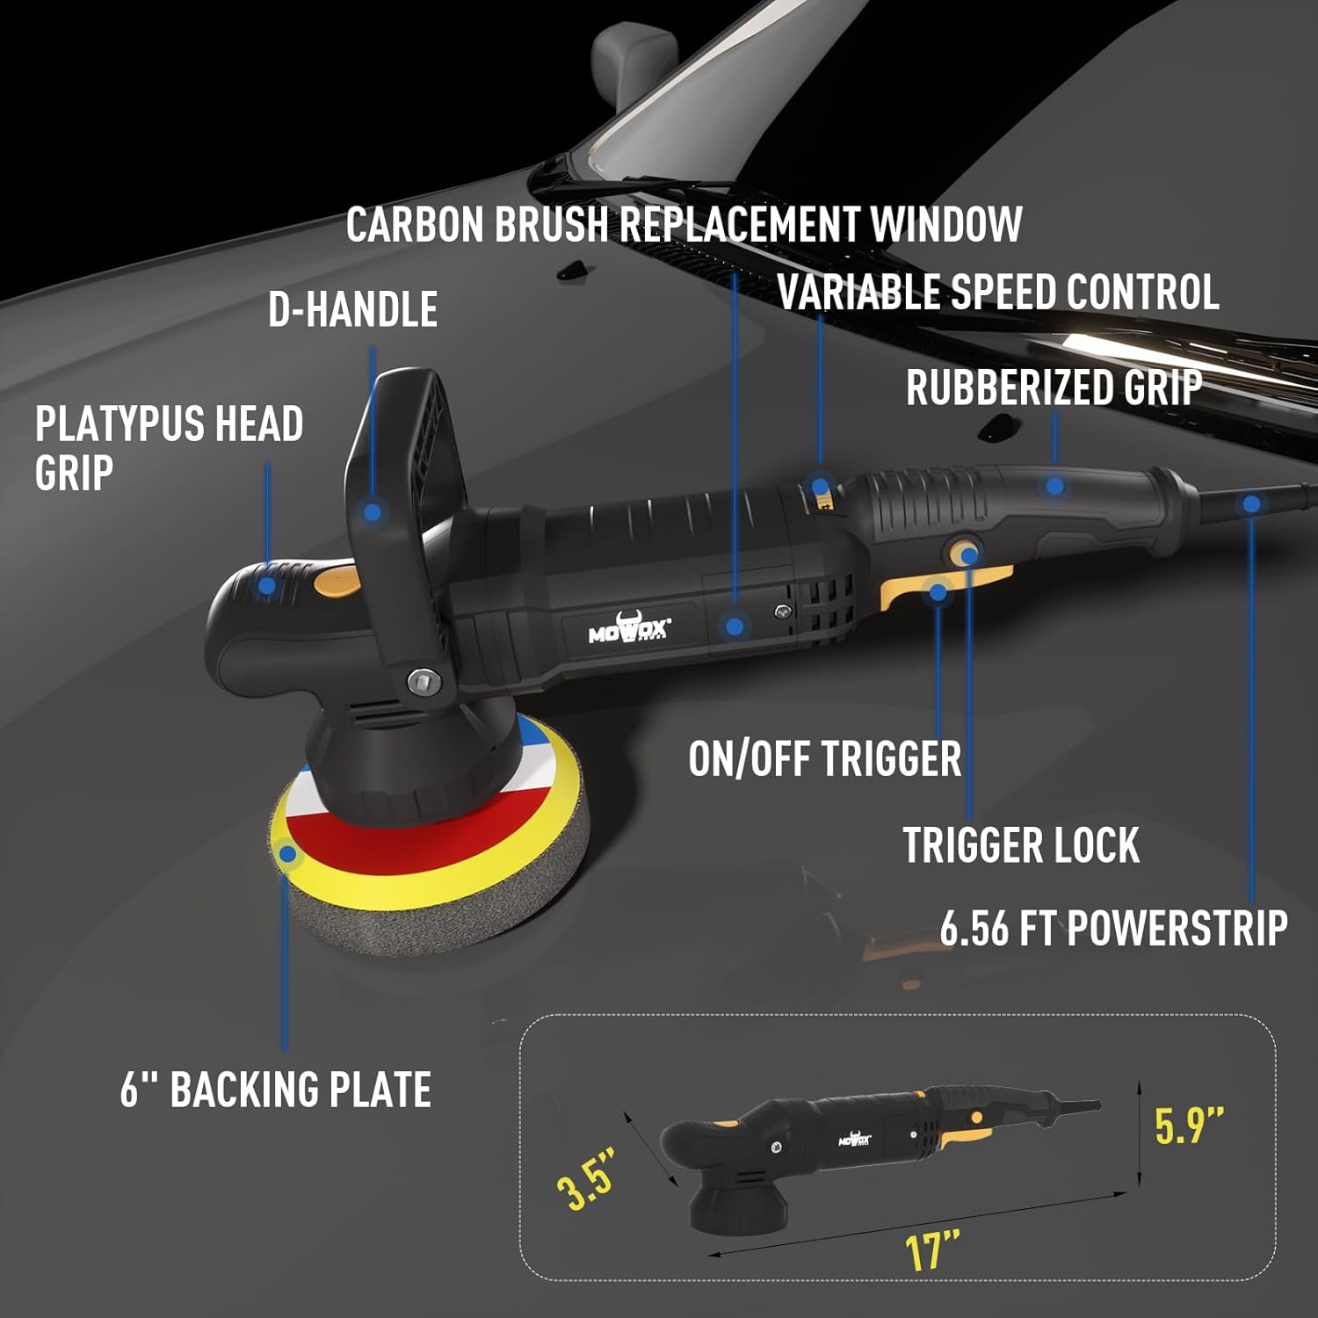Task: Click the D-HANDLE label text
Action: coord(352,309)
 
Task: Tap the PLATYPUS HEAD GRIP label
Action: coord(169,447)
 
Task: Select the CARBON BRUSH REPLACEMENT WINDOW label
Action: coord(684,224)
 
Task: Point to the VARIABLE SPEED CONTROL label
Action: coord(998,292)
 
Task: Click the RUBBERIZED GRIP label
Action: coord(1054,387)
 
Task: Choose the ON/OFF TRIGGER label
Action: coord(824,758)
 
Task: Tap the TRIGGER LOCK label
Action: coord(1021,845)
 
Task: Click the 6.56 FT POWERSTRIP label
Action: coord(1113,928)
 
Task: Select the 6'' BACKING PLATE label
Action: coord(275,1090)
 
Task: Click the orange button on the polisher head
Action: coord(337,581)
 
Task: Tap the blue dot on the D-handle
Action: coord(373,511)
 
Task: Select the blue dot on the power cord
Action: coord(1251,504)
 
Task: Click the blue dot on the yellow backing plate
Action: coord(286,852)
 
